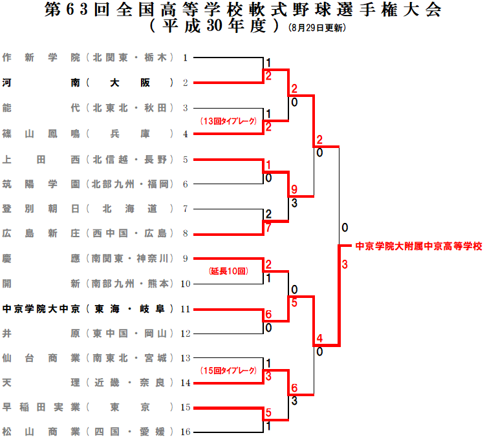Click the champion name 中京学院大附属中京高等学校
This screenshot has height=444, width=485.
(x=418, y=246)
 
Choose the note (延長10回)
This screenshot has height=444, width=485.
(x=228, y=272)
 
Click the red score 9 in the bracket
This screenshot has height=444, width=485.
(x=294, y=190)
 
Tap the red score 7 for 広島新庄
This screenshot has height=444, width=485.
(x=268, y=227)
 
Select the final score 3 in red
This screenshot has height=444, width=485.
(x=345, y=264)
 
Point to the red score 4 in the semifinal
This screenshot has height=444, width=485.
(x=319, y=338)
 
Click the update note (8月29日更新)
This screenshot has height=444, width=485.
(x=317, y=28)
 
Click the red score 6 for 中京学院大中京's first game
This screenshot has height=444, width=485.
(x=268, y=314)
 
